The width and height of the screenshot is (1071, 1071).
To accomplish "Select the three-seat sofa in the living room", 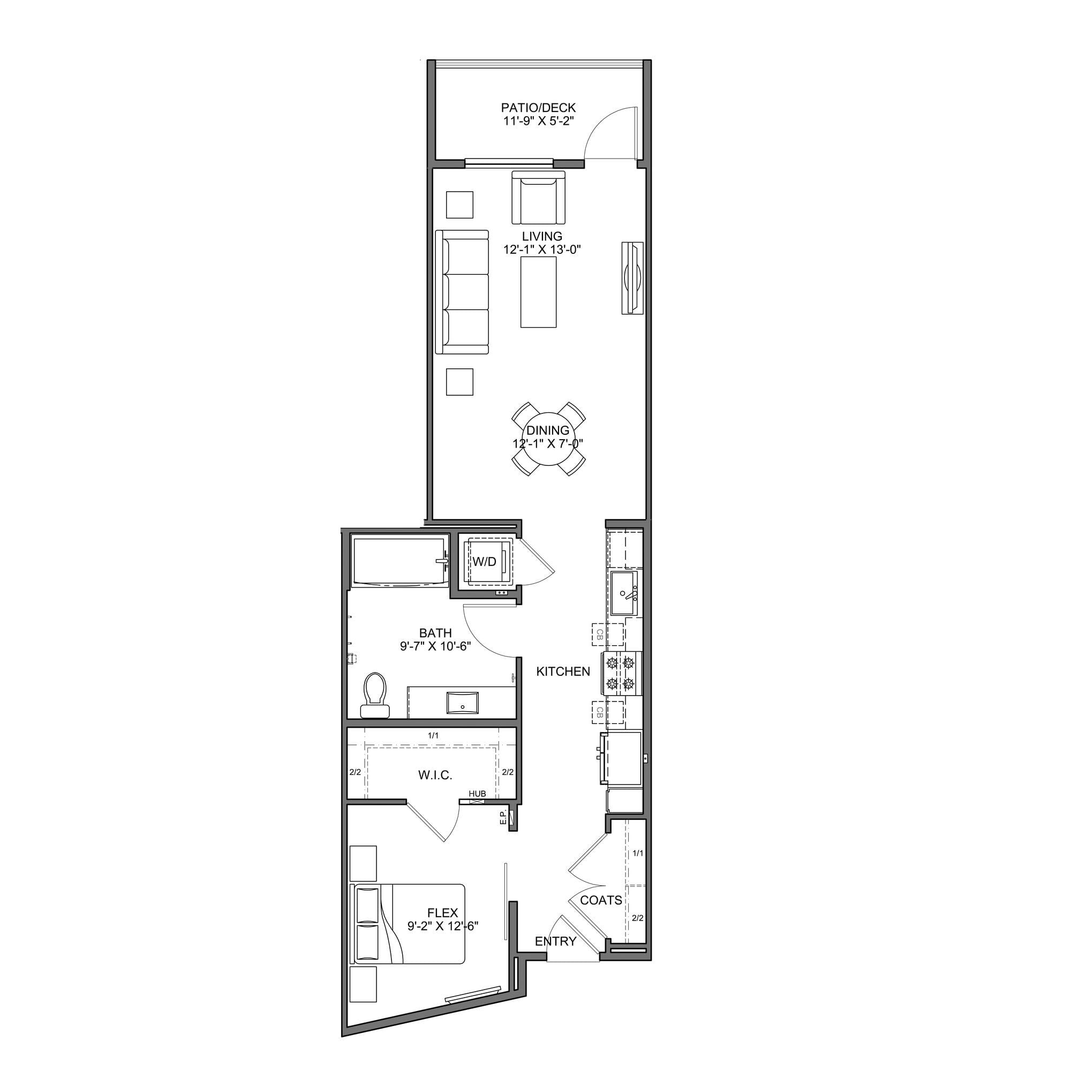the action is click(x=462, y=292).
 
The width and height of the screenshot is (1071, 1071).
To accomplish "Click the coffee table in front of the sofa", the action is click(x=538, y=293).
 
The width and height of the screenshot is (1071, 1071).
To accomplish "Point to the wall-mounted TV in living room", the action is click(x=632, y=278).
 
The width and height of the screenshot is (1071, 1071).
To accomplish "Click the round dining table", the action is click(x=548, y=438).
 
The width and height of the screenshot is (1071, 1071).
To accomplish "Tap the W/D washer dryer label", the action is click(x=484, y=562).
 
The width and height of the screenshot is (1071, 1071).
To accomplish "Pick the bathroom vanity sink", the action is click(x=462, y=702).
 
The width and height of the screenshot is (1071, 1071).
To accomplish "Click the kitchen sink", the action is click(x=625, y=593).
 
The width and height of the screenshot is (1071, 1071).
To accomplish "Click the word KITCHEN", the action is click(x=563, y=672).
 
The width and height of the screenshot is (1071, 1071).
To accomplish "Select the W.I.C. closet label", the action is click(x=435, y=775).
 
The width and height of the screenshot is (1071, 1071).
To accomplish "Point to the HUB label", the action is click(x=477, y=794).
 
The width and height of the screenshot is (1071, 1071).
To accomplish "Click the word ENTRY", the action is click(x=555, y=941).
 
